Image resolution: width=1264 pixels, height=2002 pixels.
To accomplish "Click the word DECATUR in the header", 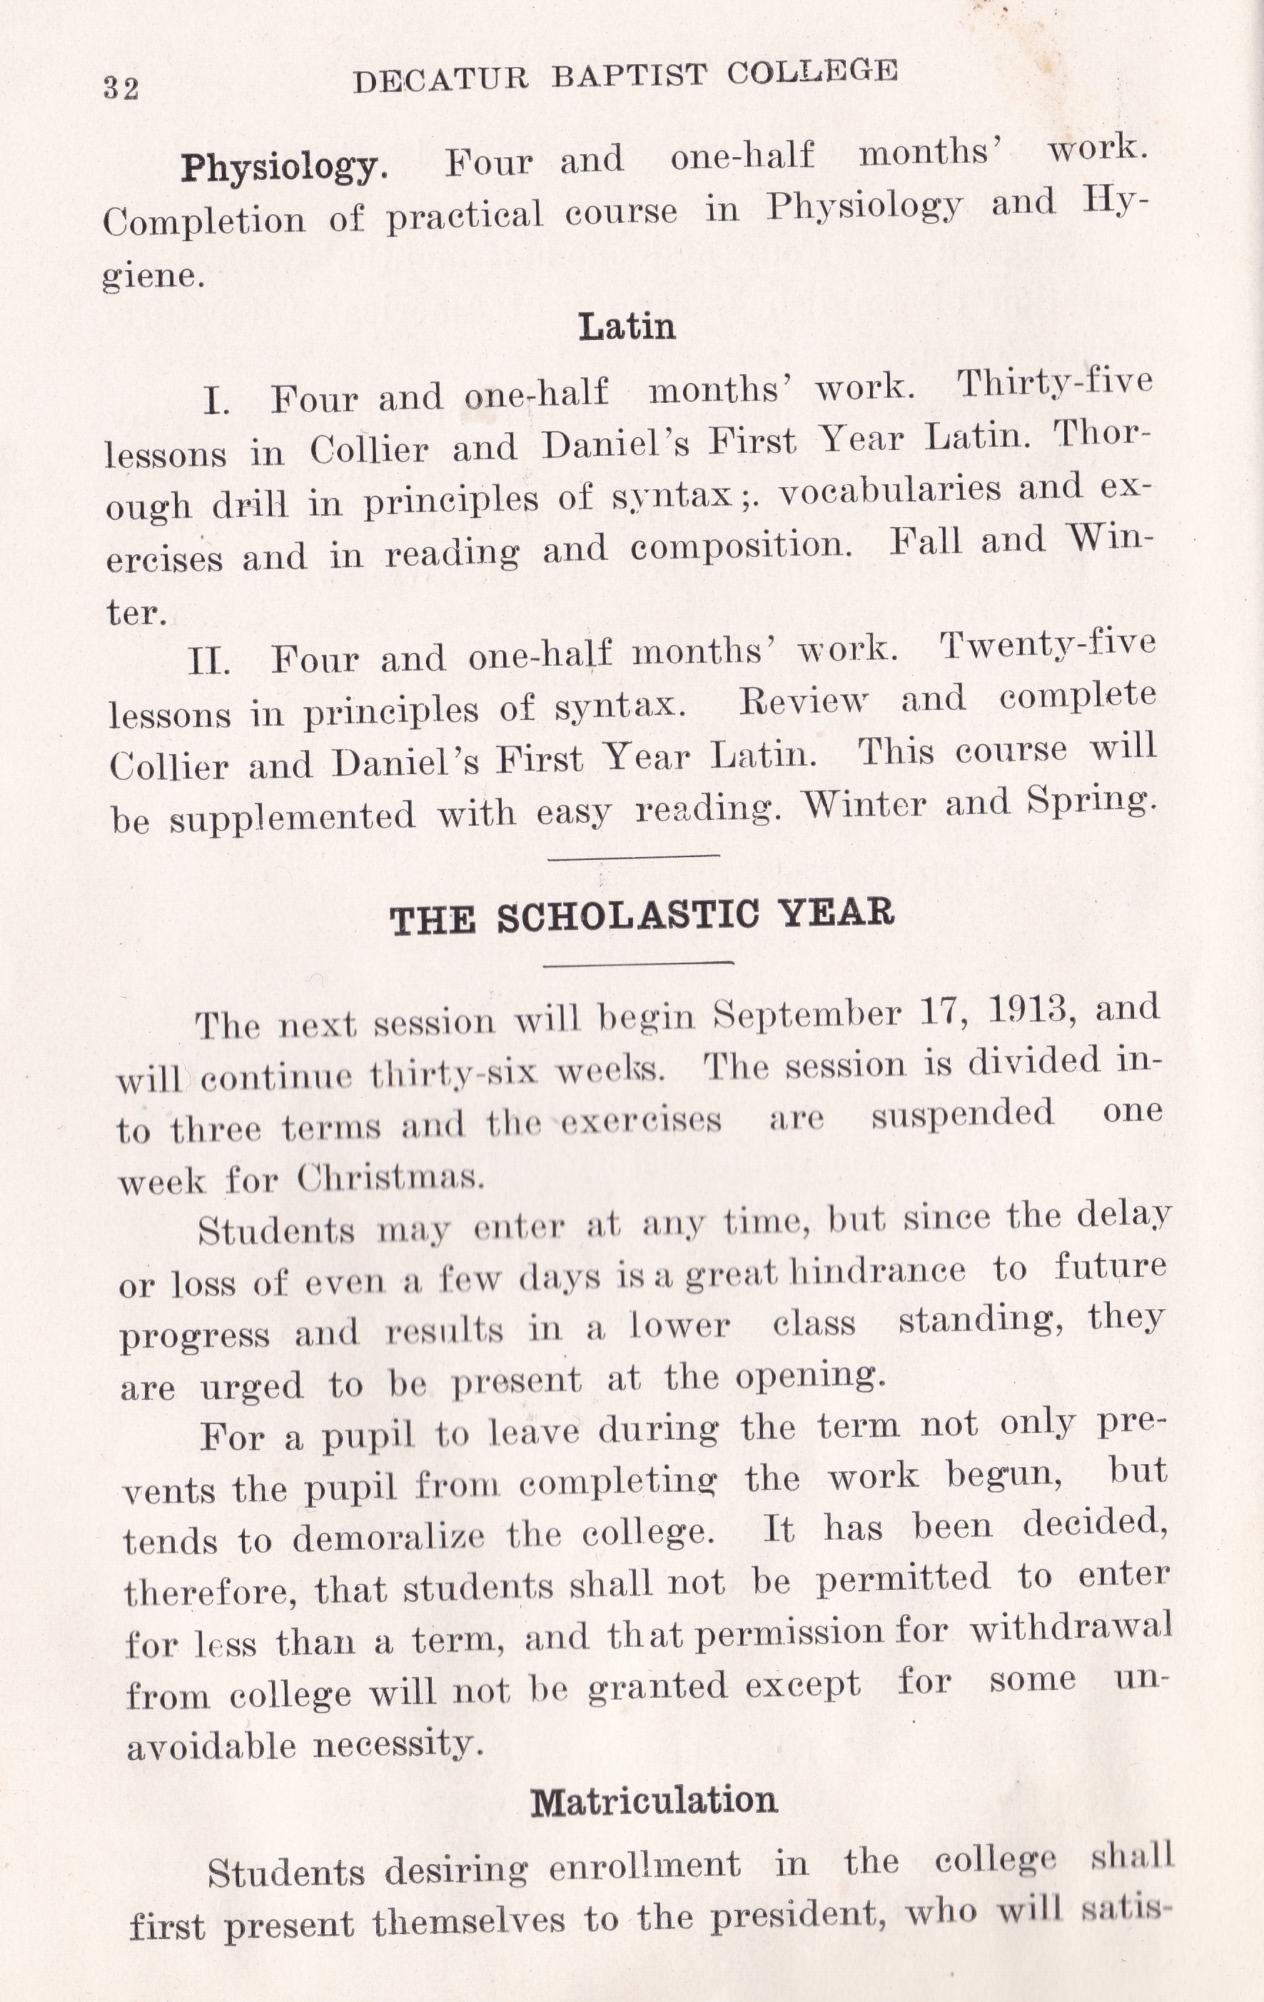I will point(440,80).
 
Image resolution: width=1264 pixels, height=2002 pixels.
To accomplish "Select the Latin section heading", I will point(627,326).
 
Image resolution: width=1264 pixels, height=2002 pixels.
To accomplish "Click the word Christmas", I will point(390,1177).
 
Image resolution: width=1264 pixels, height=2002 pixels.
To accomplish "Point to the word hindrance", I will point(876,1271).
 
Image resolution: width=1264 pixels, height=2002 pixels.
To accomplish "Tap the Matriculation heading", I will point(654,1801).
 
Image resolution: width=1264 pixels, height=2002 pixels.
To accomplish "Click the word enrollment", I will point(645,1865).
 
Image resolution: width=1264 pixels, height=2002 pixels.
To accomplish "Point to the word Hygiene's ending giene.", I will point(152,275).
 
